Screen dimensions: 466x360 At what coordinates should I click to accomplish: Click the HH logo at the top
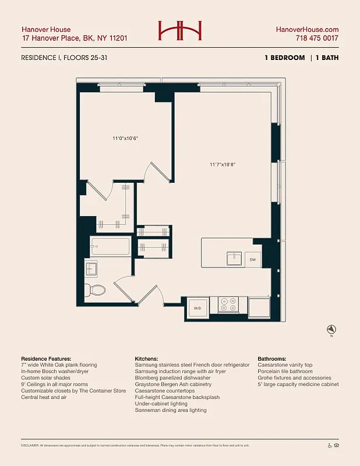click(x=180, y=31)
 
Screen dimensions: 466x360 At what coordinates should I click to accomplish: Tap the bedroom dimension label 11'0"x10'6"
click(x=124, y=139)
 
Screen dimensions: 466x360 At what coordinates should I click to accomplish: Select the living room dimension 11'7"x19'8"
click(x=222, y=164)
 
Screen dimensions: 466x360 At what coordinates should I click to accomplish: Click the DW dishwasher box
click(x=253, y=259)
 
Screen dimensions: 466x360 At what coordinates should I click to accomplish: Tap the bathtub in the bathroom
click(x=110, y=246)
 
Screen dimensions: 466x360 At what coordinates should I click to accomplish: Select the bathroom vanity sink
click(x=91, y=269)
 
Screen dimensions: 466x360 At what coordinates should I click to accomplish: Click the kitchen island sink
click(x=234, y=258)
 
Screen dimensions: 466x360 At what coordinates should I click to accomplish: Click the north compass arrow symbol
click(x=331, y=329)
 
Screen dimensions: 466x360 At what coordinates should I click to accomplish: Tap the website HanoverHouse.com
click(x=307, y=30)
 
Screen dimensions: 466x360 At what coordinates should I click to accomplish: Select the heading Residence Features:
click(x=46, y=359)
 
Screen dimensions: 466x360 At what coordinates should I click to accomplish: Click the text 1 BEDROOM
click(x=284, y=58)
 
